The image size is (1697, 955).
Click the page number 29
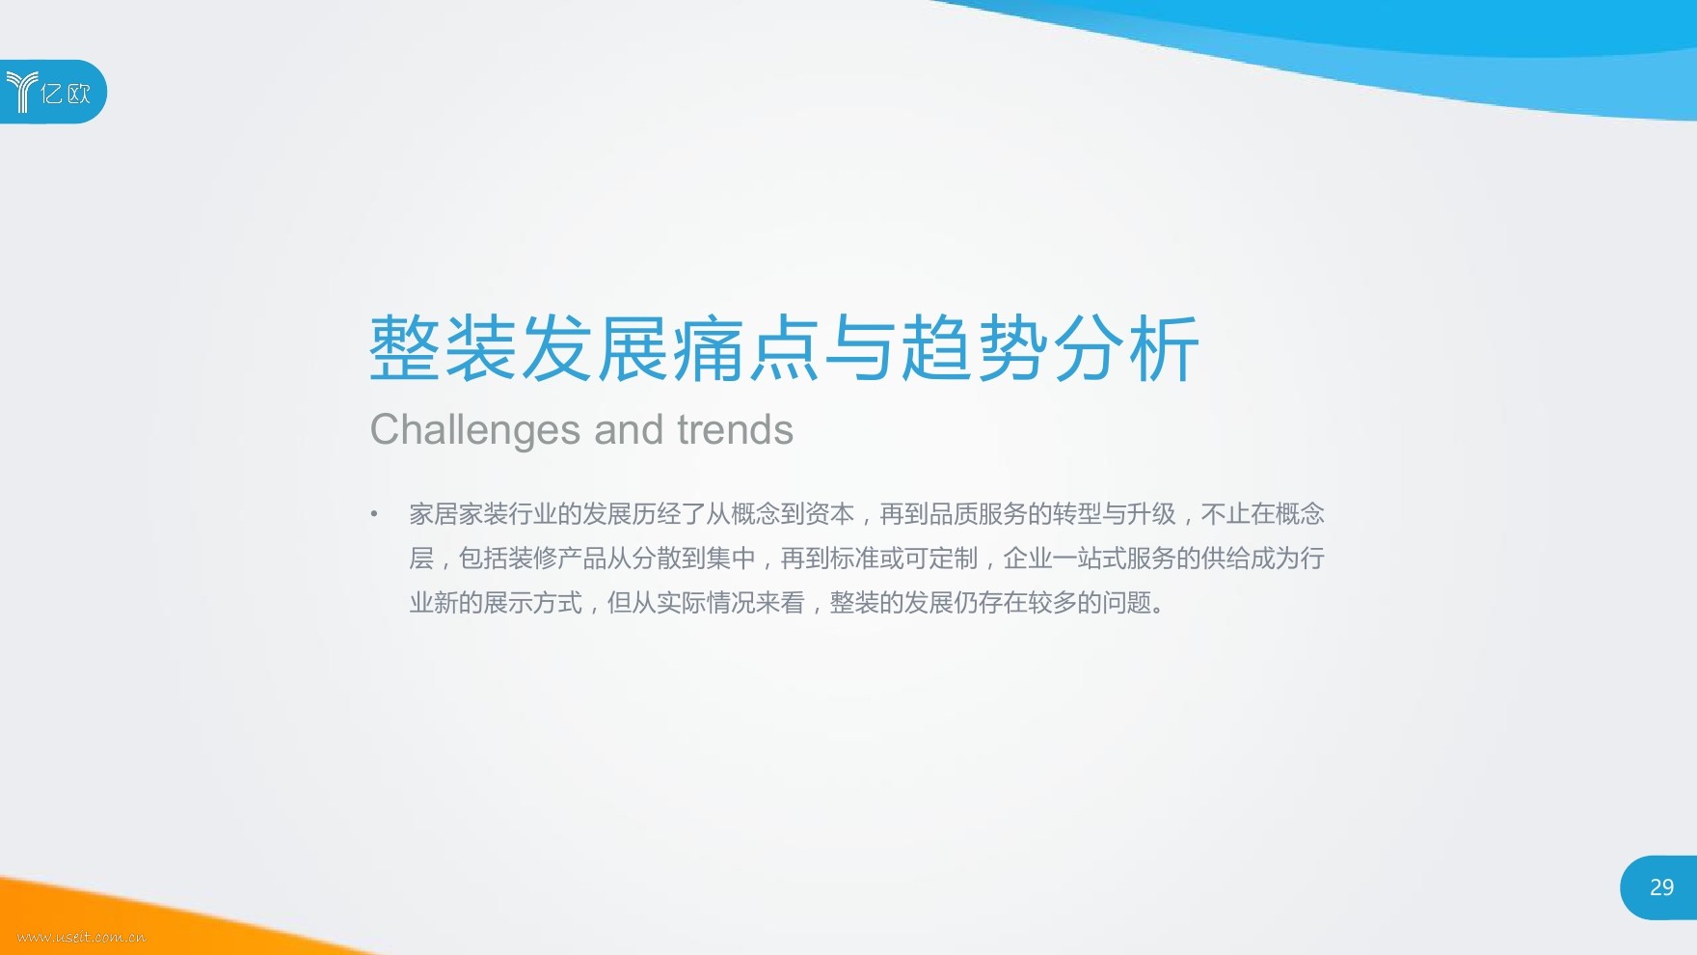pyautogui.click(x=1661, y=887)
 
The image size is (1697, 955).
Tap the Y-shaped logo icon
pyautogui.click(x=21, y=92)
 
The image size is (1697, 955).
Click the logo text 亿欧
pyautogui.click(x=67, y=93)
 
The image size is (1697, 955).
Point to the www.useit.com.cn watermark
pyautogui.click(x=82, y=937)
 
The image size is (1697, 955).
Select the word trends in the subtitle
pyautogui.click(x=735, y=429)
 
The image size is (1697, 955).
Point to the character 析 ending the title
pyautogui.click(x=1164, y=348)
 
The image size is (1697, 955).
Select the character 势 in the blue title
pyautogui.click(x=1012, y=348)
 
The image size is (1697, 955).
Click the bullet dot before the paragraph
pyautogui.click(x=374, y=514)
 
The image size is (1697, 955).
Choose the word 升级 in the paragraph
pyautogui.click(x=1151, y=514)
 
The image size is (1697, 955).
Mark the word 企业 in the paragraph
pyautogui.click(x=1028, y=559)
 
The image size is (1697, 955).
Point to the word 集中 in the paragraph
pyautogui.click(x=731, y=559)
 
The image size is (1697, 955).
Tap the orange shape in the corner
pyautogui.click(x=145, y=921)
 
